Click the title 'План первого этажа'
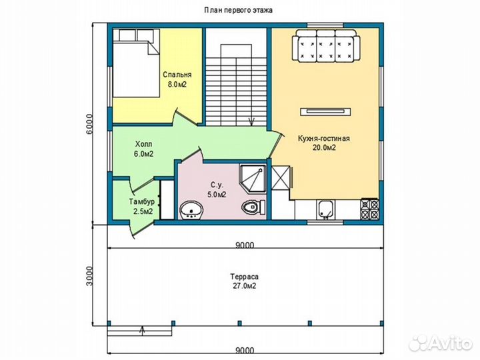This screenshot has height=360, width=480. pos(239,10)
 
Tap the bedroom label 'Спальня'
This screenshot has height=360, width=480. pos(177,75)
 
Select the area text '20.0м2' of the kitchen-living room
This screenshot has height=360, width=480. pos(324,148)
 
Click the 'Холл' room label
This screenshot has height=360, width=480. pos(143,144)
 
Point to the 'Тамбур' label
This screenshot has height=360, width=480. pos(141,202)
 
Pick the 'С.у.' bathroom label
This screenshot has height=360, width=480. pos(217,185)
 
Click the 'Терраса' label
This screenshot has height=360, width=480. pos(244,277)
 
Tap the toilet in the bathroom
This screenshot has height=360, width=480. pos(253,207)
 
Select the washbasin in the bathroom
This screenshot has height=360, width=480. pos(191,211)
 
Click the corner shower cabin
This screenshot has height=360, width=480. pos(253,179)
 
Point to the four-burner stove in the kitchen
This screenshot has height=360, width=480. pos(370,209)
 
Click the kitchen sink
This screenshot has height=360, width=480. pos(325,210)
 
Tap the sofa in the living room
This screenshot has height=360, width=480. pos(326,45)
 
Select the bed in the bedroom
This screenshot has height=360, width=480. pos(136,63)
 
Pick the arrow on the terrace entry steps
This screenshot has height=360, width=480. pos(143,331)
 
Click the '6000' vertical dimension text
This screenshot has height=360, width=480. pos(89,124)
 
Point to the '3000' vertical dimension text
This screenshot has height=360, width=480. pos(89,276)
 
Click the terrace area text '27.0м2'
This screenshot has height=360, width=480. pos(244,286)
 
